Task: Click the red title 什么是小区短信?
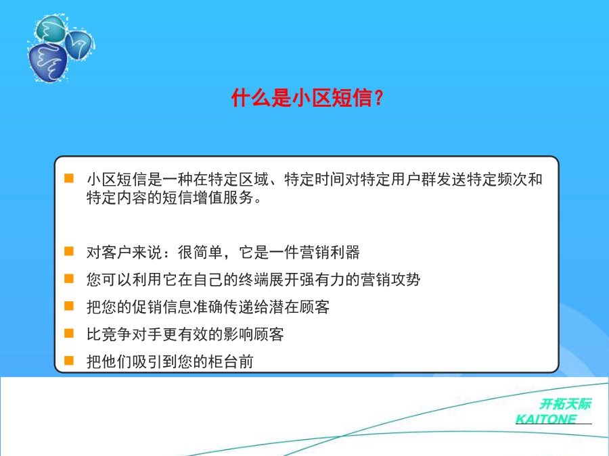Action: [307, 98]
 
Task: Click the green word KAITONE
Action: [545, 419]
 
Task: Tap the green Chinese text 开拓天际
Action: [566, 404]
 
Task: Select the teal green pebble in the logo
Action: [51, 28]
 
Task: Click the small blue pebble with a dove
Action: [78, 45]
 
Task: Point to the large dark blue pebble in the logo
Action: [47, 62]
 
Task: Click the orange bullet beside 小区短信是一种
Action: [69, 178]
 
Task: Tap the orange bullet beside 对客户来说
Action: [69, 251]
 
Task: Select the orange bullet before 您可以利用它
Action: [69, 278]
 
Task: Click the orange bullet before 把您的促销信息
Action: [69, 306]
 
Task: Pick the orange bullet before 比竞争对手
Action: [69, 334]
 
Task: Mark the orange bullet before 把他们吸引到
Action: [69, 361]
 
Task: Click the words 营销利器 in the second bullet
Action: [330, 253]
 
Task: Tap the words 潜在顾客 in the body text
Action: [300, 307]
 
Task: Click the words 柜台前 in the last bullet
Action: [231, 362]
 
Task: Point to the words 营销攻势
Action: [390, 280]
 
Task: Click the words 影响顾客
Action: [254, 334]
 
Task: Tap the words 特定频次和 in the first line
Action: [505, 180]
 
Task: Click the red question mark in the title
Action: [380, 98]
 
